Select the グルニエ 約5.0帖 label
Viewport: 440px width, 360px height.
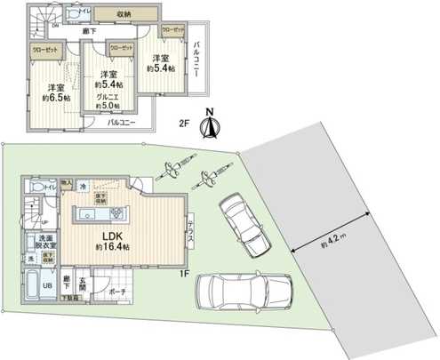pyautogui.click(x=108, y=96)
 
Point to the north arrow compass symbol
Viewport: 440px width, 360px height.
pyautogui.click(x=211, y=124)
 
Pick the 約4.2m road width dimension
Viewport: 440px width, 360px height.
pyautogui.click(x=324, y=241)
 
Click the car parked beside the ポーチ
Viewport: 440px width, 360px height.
pyautogui.click(x=242, y=290)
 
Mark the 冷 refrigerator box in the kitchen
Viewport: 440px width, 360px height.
pyautogui.click(x=84, y=186)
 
